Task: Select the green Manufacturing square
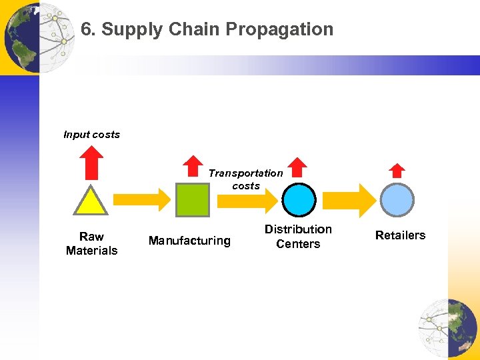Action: (x=191, y=199)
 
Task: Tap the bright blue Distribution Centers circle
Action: (x=299, y=199)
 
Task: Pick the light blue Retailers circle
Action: (x=397, y=199)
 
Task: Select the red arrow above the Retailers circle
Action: (x=397, y=171)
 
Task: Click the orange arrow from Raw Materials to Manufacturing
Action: (x=142, y=199)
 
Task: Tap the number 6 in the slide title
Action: (x=85, y=29)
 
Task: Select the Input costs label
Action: (x=91, y=135)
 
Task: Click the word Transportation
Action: (x=245, y=173)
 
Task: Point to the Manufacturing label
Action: (x=189, y=241)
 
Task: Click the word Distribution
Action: (x=298, y=229)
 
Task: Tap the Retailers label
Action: (x=400, y=235)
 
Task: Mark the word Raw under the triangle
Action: (x=91, y=237)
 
